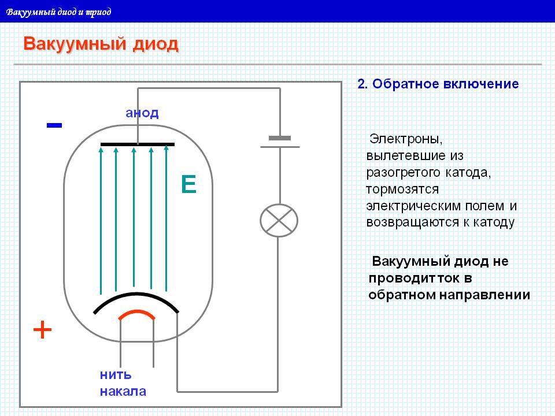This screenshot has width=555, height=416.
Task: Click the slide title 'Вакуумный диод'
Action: click(x=101, y=44)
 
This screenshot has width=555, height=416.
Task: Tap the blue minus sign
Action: click(x=54, y=125)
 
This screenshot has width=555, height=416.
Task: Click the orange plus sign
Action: click(x=43, y=330)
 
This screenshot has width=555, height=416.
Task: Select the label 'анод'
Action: click(x=142, y=113)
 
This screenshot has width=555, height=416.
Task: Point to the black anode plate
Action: click(x=138, y=143)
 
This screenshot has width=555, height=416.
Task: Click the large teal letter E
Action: click(x=188, y=184)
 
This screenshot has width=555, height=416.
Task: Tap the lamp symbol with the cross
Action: click(x=279, y=220)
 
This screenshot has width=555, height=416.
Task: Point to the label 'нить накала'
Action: click(x=123, y=382)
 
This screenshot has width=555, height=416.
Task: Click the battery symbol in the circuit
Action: click(x=280, y=142)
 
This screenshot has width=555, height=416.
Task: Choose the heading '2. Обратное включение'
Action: click(x=438, y=84)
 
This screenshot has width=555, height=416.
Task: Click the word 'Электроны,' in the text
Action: click(x=406, y=139)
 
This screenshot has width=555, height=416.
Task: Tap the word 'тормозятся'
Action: click(x=403, y=189)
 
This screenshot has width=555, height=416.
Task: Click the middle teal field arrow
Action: click(x=134, y=217)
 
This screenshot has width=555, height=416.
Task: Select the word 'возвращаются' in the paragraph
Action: click(x=412, y=222)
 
